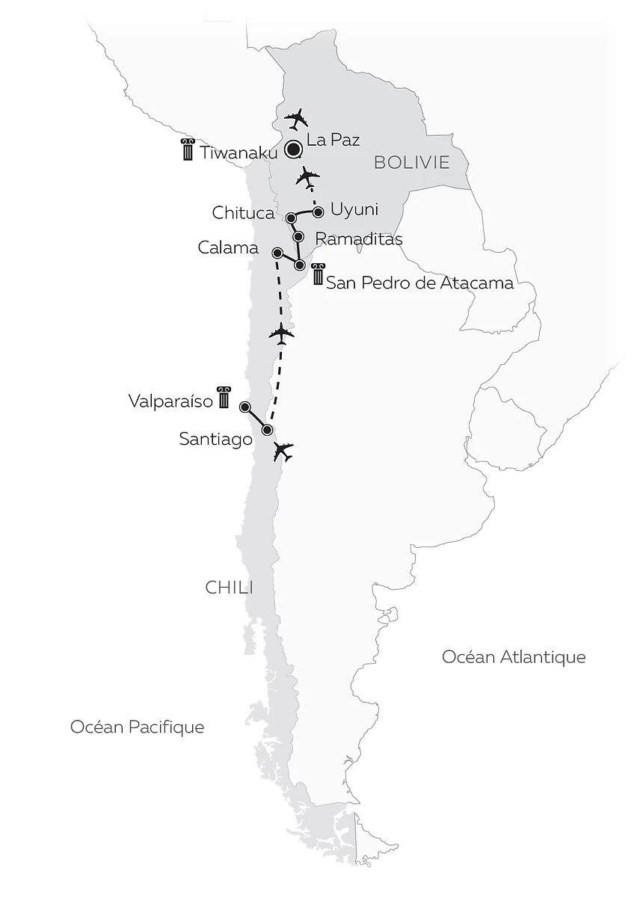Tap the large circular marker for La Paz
[x=293, y=149]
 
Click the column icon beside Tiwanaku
[x=187, y=149]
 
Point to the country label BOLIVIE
[x=411, y=162]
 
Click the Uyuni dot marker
[x=318, y=212]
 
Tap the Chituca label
[x=243, y=214]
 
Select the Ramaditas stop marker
[x=298, y=237]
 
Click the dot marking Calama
[x=277, y=253]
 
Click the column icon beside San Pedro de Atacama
[x=319, y=275]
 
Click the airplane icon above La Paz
[x=298, y=118]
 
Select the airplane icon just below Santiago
[x=283, y=451]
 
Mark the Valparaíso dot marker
[x=244, y=407]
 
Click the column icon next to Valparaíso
[x=223, y=398]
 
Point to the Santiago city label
[x=215, y=440]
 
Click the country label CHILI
[x=229, y=588]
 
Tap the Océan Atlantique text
[x=514, y=657]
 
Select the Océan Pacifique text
[x=137, y=727]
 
